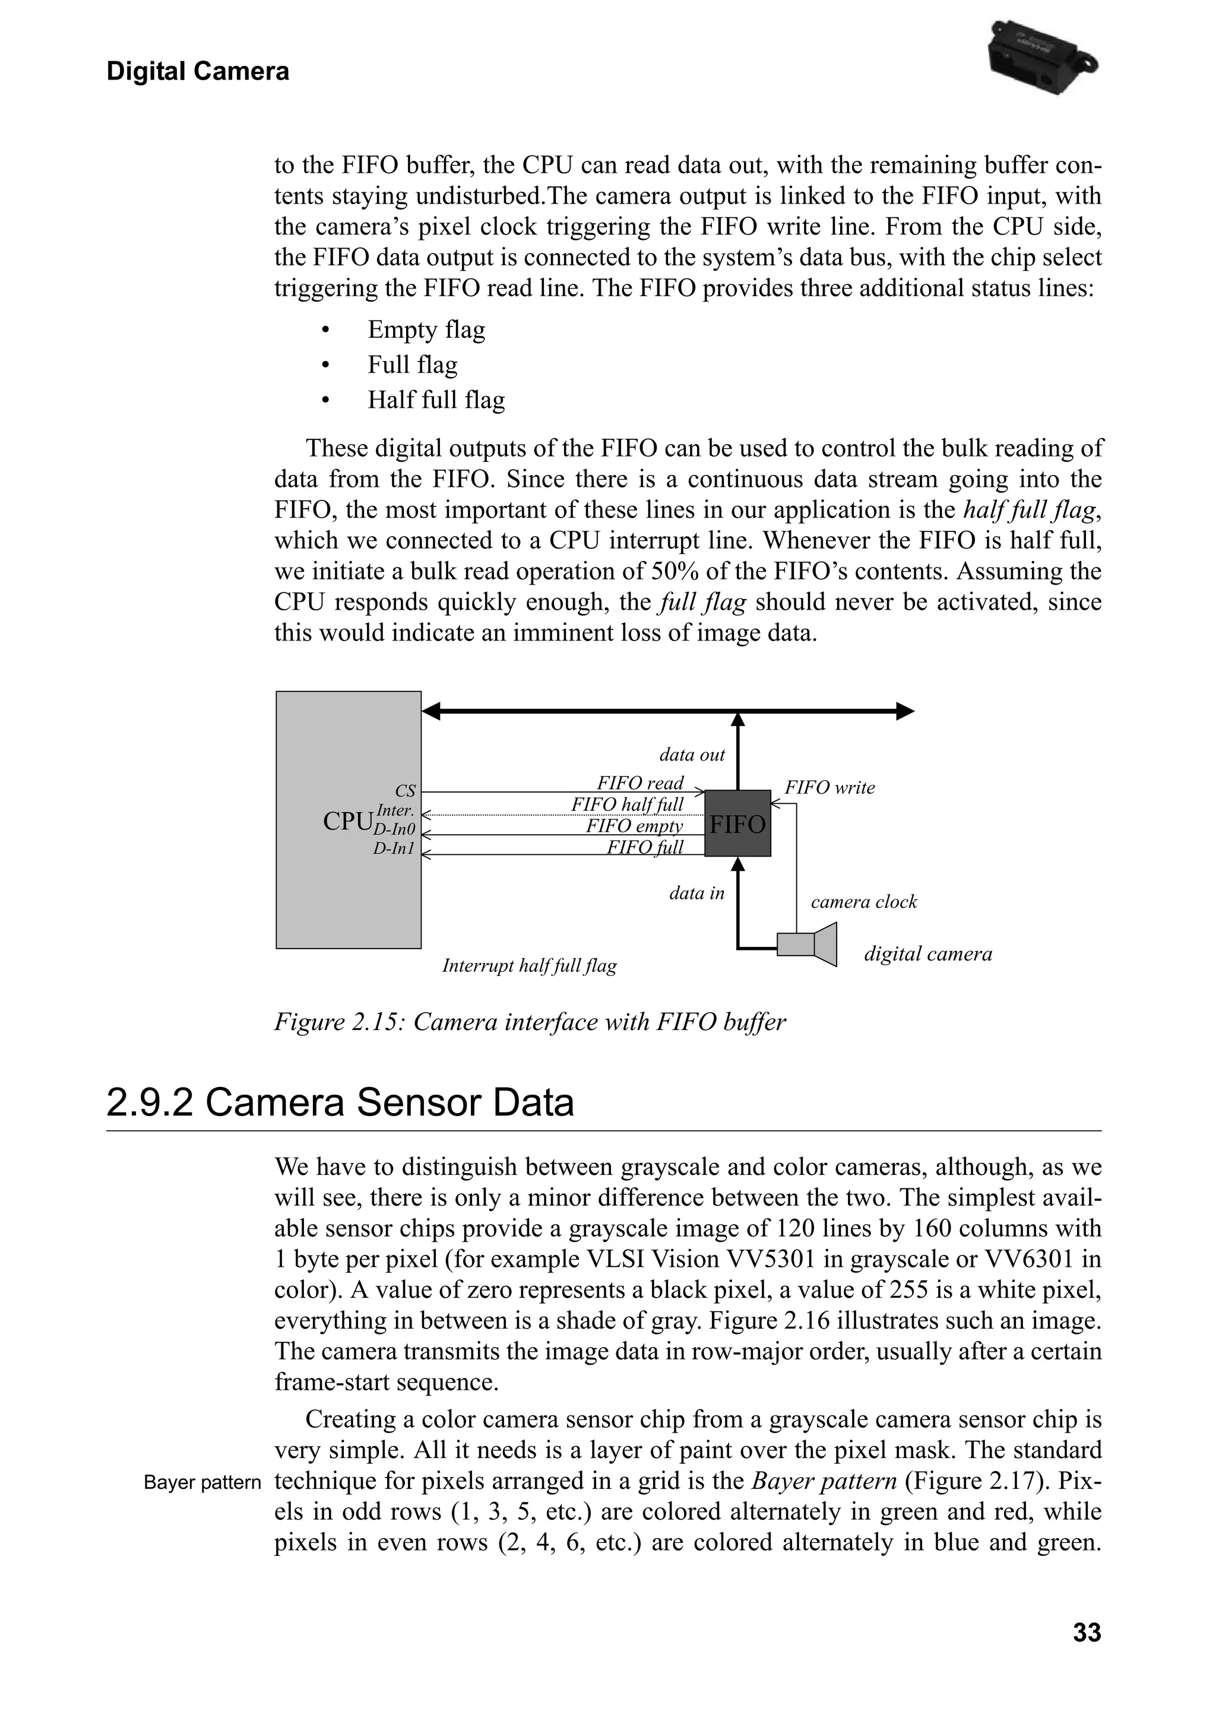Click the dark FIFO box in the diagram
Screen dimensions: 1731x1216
click(737, 823)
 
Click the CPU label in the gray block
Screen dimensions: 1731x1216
click(347, 821)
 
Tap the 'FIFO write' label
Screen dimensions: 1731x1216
click(829, 788)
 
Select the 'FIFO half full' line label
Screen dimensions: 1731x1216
click(626, 804)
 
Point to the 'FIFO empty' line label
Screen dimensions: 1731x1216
click(634, 826)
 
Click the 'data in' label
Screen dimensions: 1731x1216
click(696, 893)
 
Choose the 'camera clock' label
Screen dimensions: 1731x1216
click(863, 902)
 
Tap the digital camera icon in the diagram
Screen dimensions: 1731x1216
click(807, 944)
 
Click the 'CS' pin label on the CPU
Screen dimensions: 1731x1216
click(405, 791)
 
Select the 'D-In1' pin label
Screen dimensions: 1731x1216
click(394, 849)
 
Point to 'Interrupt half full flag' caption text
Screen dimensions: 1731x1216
click(528, 966)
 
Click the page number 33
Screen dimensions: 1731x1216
click(1087, 1633)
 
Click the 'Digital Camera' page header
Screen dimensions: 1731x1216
click(198, 72)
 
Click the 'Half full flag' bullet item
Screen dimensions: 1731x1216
click(436, 400)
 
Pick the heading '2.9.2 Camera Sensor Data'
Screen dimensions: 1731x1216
click(340, 1103)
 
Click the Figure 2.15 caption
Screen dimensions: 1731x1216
click(529, 1022)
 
